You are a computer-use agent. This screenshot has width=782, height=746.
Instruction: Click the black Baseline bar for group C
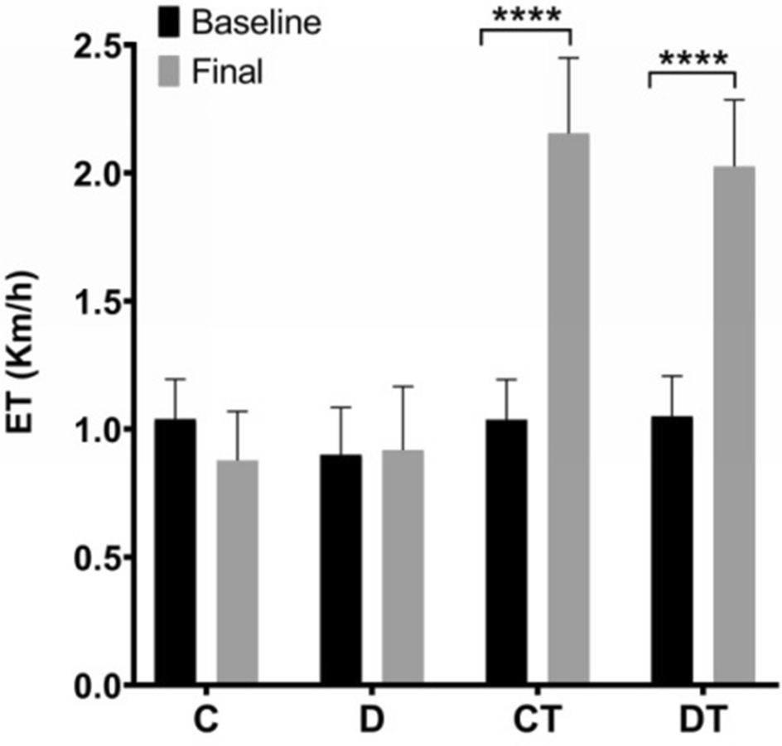coord(176,551)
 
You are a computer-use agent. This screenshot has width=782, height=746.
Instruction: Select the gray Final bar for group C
coord(237,572)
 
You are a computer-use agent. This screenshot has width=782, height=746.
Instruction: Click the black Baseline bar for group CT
coord(506,551)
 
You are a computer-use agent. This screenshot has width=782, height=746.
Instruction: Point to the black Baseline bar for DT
coord(672,550)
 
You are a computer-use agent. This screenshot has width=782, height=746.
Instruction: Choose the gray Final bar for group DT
coord(734,426)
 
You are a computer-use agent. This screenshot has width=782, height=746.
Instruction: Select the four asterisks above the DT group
coord(693,60)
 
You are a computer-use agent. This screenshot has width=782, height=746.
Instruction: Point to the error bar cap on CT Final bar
coord(567,58)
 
